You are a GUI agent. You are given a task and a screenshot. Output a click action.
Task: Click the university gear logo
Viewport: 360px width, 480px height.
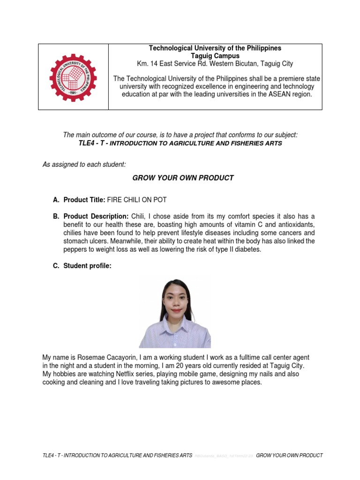coord(73,77)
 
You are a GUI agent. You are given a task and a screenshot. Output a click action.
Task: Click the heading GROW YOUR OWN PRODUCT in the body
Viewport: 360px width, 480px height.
coord(183,178)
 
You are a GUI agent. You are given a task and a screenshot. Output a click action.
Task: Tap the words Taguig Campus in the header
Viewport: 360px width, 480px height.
coord(215,56)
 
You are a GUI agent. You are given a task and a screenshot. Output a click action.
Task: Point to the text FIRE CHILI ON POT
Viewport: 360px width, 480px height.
coord(137,200)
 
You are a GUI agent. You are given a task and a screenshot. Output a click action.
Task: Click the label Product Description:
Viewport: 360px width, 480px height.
coord(96,216)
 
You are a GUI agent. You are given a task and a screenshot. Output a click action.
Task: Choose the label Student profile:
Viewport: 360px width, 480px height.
coord(88,266)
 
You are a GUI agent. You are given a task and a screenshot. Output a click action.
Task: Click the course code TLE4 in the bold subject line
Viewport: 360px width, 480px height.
coord(88,143)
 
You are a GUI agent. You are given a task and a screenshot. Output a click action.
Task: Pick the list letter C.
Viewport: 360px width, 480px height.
coord(56,266)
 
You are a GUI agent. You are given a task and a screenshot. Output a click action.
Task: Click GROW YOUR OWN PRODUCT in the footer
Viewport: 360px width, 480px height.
coord(290,455)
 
